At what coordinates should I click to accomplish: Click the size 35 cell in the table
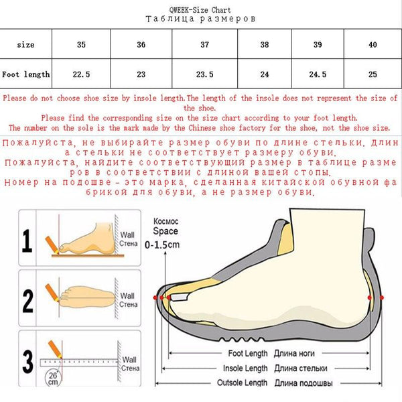(x=82, y=45)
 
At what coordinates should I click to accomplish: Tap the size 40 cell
(x=373, y=45)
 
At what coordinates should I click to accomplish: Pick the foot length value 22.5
(x=82, y=74)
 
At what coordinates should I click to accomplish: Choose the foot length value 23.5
(x=204, y=74)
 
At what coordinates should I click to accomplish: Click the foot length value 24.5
(x=319, y=74)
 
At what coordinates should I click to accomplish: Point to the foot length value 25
(x=373, y=74)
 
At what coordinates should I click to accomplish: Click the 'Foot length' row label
(x=26, y=74)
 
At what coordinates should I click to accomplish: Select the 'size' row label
(x=26, y=45)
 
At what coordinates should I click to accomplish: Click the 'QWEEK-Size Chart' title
(x=200, y=10)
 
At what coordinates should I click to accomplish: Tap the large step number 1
(x=27, y=240)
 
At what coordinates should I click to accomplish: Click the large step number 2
(x=27, y=299)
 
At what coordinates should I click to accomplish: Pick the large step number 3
(x=27, y=360)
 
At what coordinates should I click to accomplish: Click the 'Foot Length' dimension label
(x=248, y=353)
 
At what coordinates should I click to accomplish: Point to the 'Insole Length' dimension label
(x=245, y=368)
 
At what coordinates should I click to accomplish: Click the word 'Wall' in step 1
(x=127, y=234)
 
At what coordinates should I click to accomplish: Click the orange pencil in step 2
(x=51, y=292)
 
